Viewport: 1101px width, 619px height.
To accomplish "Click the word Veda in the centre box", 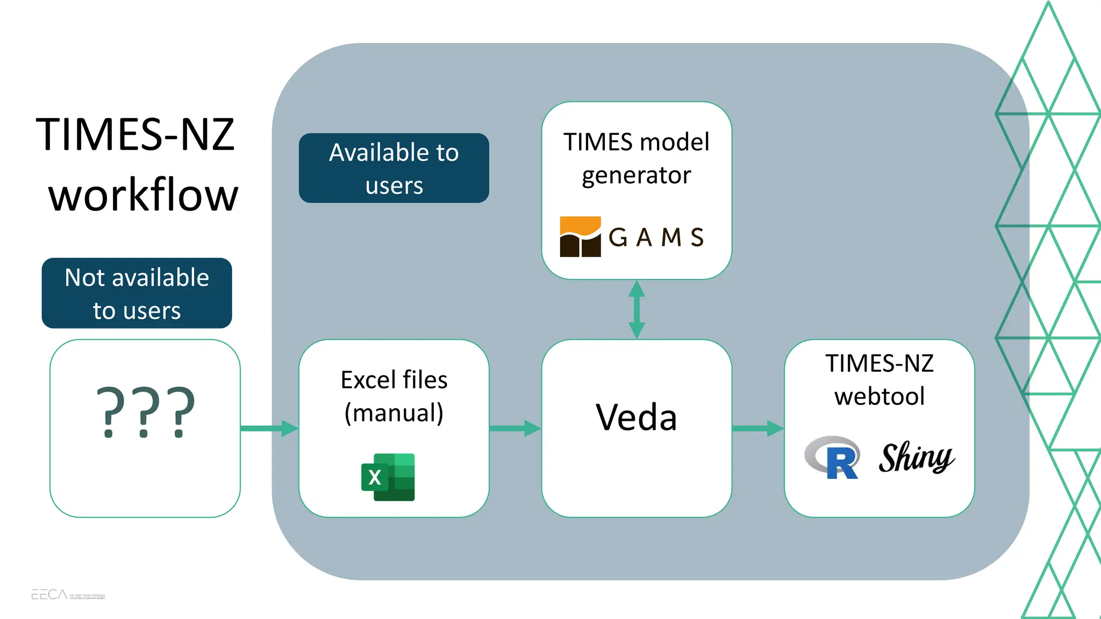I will (x=636, y=418).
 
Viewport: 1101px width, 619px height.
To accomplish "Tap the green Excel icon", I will (x=388, y=477).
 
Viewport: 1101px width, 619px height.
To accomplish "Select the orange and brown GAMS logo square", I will (x=580, y=237).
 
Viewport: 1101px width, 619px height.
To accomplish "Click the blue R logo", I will (x=833, y=458).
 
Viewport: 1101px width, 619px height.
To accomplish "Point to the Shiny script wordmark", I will (x=916, y=458).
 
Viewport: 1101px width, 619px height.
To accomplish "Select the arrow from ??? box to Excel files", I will (x=269, y=428).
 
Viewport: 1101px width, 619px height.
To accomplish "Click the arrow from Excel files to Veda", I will (x=515, y=428).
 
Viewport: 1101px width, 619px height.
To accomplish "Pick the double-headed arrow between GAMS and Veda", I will (x=637, y=309).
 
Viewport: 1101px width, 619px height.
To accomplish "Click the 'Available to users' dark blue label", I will (x=394, y=168).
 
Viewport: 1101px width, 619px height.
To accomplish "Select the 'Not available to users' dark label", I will (x=137, y=293).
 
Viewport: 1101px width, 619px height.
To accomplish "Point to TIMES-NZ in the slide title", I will (x=135, y=134).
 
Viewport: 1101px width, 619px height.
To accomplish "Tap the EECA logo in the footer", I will (x=49, y=594).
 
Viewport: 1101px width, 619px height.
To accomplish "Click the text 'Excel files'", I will (x=394, y=380).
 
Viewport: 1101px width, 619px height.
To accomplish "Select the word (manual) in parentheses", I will (x=394, y=413).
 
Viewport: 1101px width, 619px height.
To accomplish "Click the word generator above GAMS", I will (x=636, y=176).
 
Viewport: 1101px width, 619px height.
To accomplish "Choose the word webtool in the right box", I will (x=880, y=397).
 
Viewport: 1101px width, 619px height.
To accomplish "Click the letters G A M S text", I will (x=656, y=237).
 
